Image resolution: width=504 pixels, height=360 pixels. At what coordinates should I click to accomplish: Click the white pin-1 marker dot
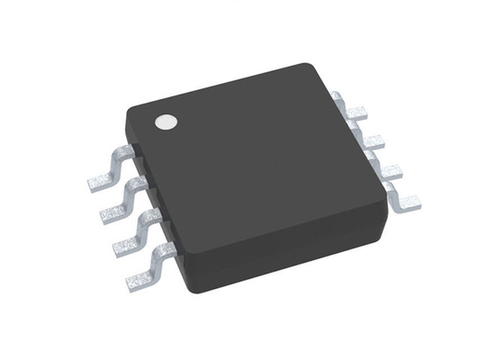(x=165, y=122)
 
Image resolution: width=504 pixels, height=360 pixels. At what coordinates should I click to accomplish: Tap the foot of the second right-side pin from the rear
(x=373, y=142)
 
